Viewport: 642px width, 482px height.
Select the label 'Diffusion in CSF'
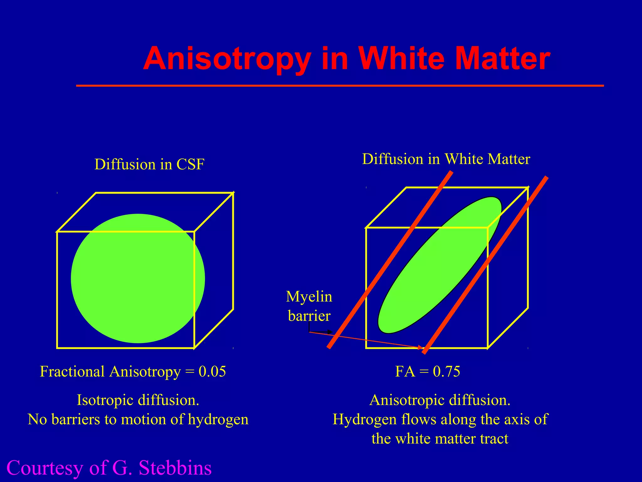tap(150, 164)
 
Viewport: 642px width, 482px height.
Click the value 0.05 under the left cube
tap(212, 372)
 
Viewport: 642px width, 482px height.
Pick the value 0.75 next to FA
tap(446, 372)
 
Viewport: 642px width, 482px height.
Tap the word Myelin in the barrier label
tap(309, 297)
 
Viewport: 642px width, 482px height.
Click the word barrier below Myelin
tap(309, 316)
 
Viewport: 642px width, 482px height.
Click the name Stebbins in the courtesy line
tap(175, 468)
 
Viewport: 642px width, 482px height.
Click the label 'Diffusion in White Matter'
tap(446, 159)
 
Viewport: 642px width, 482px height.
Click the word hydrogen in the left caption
tap(218, 419)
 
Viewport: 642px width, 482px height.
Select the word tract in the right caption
tap(494, 438)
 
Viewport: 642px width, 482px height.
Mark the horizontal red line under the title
tap(340, 85)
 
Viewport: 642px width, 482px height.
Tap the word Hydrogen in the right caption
tap(364, 419)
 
